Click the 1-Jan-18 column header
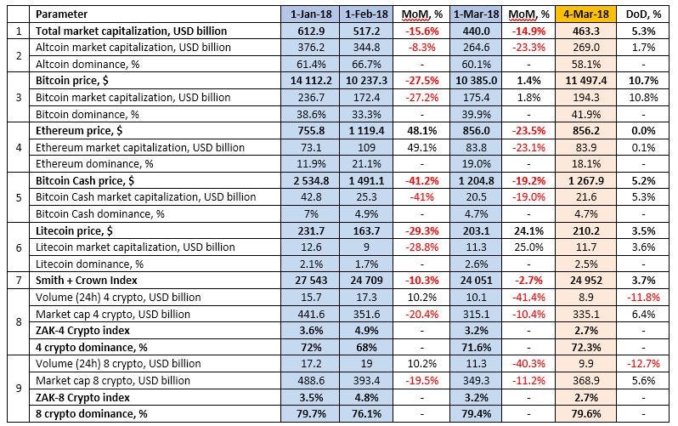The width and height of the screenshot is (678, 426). point(309,15)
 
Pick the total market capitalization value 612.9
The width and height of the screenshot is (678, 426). point(309,31)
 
